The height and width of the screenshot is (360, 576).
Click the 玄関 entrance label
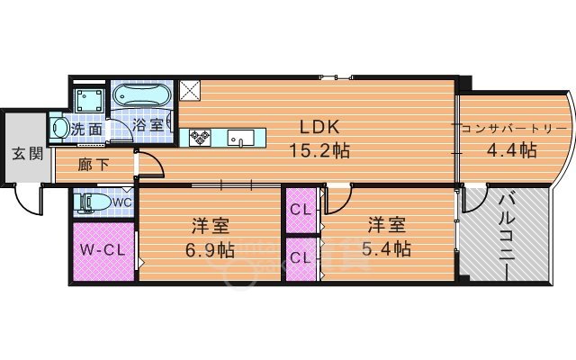28,153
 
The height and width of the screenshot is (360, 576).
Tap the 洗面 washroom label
87,129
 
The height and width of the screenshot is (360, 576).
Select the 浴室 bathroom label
148,125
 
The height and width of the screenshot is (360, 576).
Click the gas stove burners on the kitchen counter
199,138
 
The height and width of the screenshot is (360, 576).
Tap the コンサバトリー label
513,128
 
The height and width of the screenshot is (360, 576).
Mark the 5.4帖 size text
389,248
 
